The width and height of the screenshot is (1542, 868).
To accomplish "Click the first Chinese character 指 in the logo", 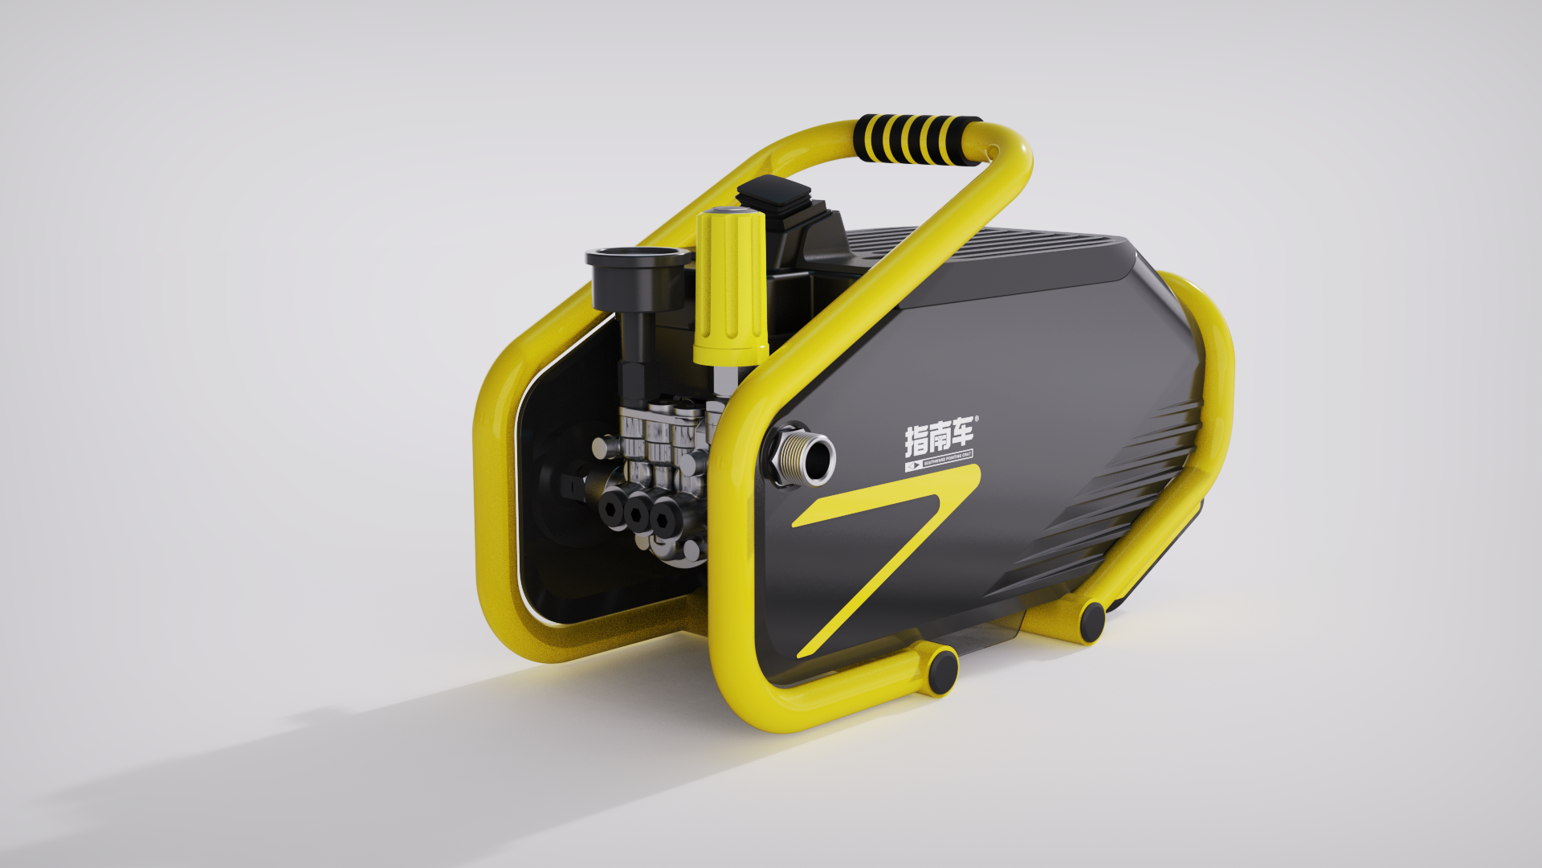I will (917, 440).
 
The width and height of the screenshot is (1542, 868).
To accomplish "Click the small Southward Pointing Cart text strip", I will (940, 461).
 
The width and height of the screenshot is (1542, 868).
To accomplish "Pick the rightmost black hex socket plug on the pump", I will (666, 520).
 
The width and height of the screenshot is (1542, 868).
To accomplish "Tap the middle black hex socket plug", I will (639, 514).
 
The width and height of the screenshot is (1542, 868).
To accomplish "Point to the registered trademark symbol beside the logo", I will (977, 420).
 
